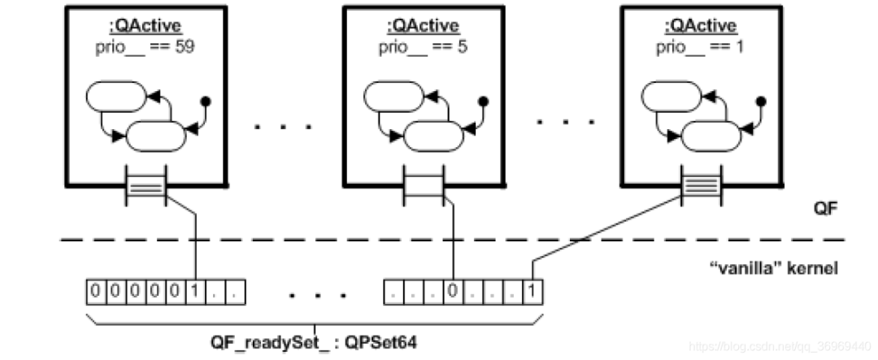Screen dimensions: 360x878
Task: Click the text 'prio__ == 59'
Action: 142,46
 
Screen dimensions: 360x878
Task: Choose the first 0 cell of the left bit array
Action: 95,289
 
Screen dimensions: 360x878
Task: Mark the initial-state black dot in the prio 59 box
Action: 206,102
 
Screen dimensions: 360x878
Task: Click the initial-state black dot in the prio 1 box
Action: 762,102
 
